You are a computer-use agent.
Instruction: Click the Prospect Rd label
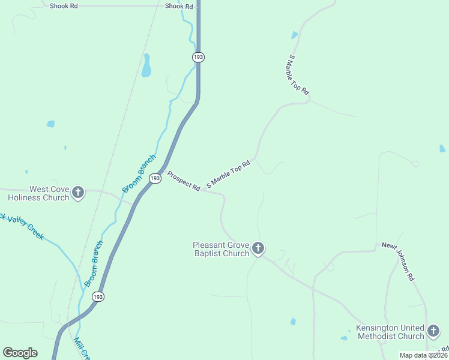(184, 181)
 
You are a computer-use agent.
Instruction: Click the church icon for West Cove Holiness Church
(78, 193)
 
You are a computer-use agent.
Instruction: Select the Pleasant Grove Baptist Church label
(221, 249)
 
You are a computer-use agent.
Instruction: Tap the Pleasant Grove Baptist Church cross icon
(258, 248)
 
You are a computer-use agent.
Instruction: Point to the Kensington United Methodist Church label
(390, 332)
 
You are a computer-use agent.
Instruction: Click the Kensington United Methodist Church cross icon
(433, 331)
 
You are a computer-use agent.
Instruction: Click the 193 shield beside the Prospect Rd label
(155, 179)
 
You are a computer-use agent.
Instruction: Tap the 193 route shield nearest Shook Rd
(199, 57)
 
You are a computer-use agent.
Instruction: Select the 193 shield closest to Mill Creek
(98, 296)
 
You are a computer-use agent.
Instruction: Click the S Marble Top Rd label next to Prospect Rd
(228, 175)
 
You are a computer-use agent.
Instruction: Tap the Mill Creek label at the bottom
(80, 349)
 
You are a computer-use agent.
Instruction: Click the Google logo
(20, 353)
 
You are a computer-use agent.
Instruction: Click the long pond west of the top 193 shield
(146, 66)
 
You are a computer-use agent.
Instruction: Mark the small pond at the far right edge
(442, 148)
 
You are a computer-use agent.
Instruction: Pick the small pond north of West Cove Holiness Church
(50, 124)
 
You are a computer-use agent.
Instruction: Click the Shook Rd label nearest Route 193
(179, 7)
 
